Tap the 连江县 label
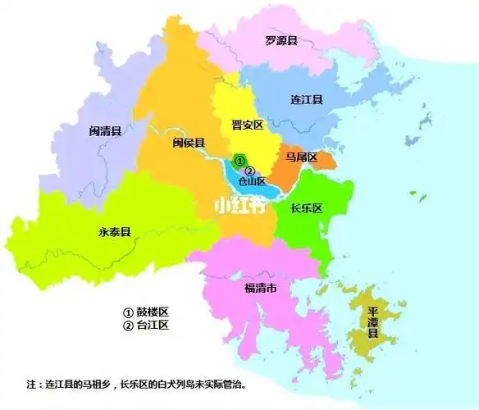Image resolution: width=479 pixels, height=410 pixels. click(x=307, y=99)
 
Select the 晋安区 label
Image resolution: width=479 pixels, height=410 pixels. click(x=246, y=125)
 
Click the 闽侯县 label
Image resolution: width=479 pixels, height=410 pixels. click(x=189, y=143)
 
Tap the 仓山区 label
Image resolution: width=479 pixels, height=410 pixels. click(x=251, y=181)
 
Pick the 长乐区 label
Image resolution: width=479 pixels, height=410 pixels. click(x=307, y=208)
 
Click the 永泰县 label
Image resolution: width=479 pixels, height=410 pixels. click(x=114, y=232)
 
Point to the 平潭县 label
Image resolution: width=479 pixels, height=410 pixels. click(x=373, y=321)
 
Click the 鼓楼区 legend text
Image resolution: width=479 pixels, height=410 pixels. click(x=151, y=312)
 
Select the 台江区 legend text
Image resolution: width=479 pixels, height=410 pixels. click(x=151, y=326)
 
